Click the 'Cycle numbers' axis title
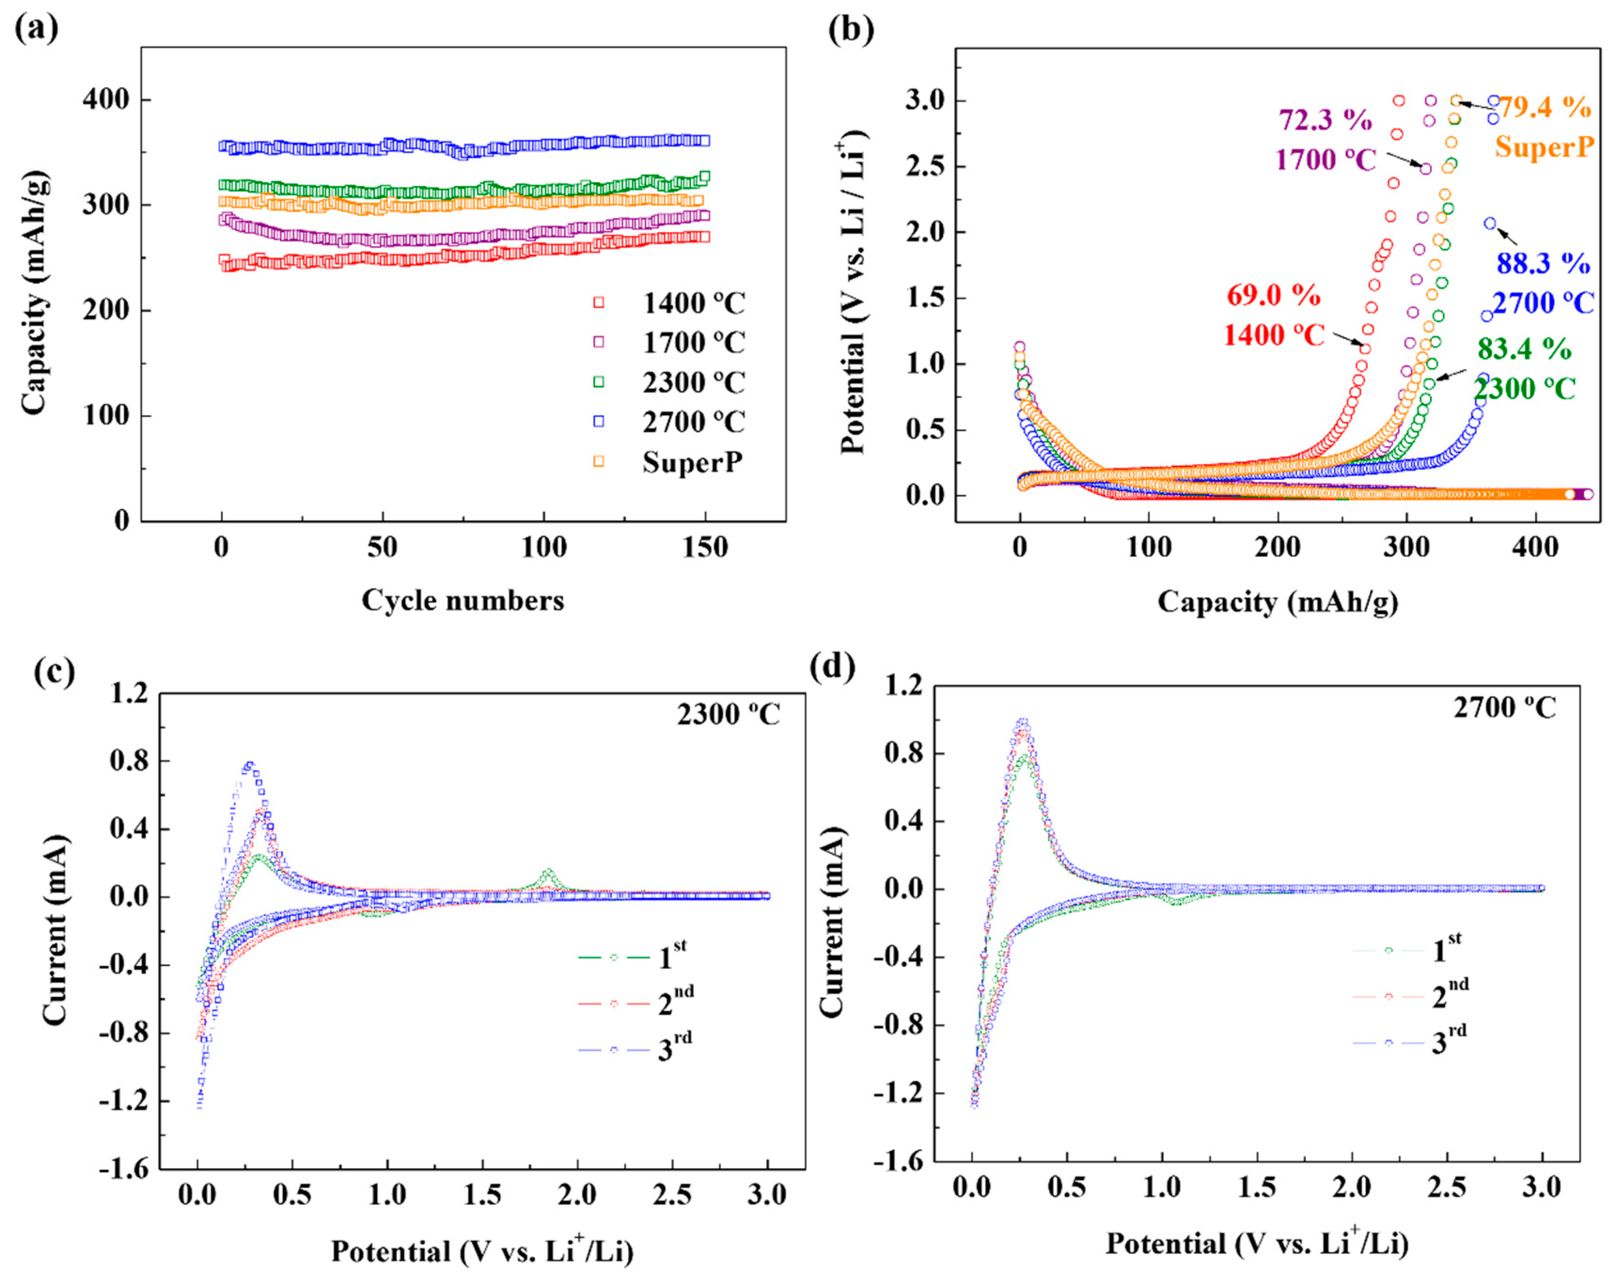(x=462, y=600)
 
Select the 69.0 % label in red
(x=1273, y=295)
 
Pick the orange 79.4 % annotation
(x=1544, y=108)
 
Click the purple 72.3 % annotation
(x=1325, y=120)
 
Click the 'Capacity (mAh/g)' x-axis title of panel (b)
(x=1278, y=602)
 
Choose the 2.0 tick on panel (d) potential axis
(x=1352, y=1187)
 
